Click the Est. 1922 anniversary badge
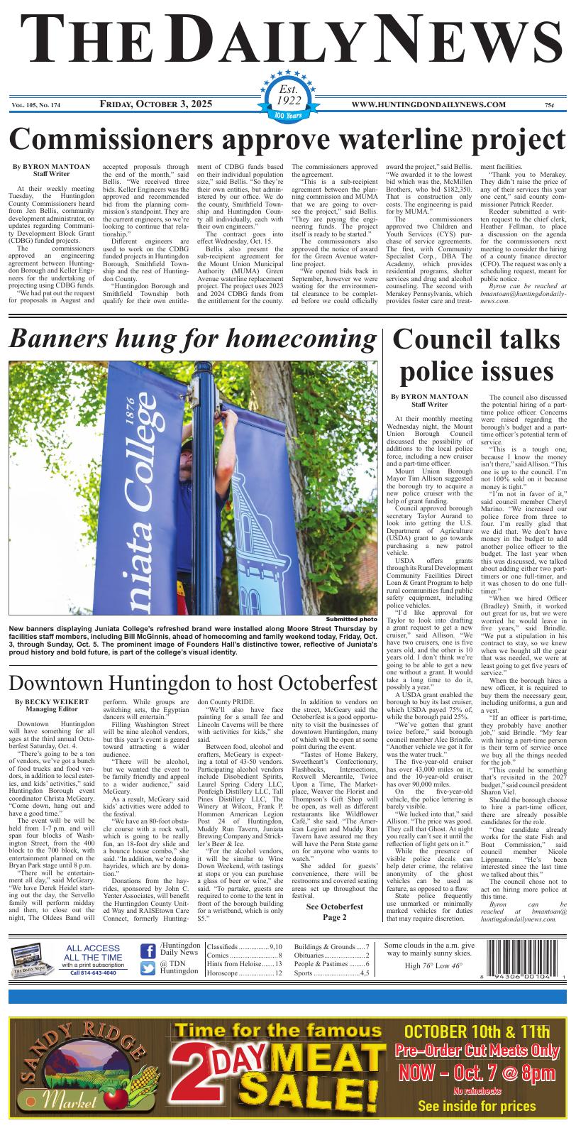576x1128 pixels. pyautogui.click(x=288, y=99)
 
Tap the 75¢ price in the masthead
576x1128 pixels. pyautogui.click(x=550, y=106)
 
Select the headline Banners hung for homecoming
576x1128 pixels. pyautogui.click(x=192, y=339)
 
